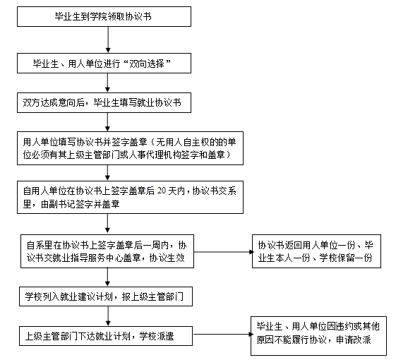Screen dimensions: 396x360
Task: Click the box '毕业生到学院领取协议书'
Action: click(104, 17)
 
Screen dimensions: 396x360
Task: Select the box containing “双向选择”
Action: click(104, 63)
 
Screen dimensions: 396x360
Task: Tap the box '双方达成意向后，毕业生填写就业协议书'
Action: click(104, 102)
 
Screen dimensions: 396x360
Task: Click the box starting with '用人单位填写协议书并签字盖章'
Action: click(130, 148)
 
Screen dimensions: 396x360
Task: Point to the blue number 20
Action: click(162, 191)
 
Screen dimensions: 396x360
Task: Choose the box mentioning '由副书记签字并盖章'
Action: click(130, 197)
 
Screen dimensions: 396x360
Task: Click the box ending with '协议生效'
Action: click(107, 251)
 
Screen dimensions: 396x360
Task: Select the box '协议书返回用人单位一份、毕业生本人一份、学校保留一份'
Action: click(316, 251)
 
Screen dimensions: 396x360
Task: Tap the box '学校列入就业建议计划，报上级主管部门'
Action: click(106, 296)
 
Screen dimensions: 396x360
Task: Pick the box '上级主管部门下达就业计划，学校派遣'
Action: click(106, 336)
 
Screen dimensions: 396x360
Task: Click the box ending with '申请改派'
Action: click(319, 336)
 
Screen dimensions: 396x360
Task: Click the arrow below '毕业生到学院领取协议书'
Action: click(108, 40)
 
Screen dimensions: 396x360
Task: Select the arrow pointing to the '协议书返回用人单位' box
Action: click(223, 252)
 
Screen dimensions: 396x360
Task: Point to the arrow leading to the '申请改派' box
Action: click(222, 335)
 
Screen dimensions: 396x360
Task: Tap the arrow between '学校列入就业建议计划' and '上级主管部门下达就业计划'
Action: click(108, 316)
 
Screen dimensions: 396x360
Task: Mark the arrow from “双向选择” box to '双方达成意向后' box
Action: click(107, 83)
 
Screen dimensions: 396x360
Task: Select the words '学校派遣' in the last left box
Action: click(157, 336)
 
